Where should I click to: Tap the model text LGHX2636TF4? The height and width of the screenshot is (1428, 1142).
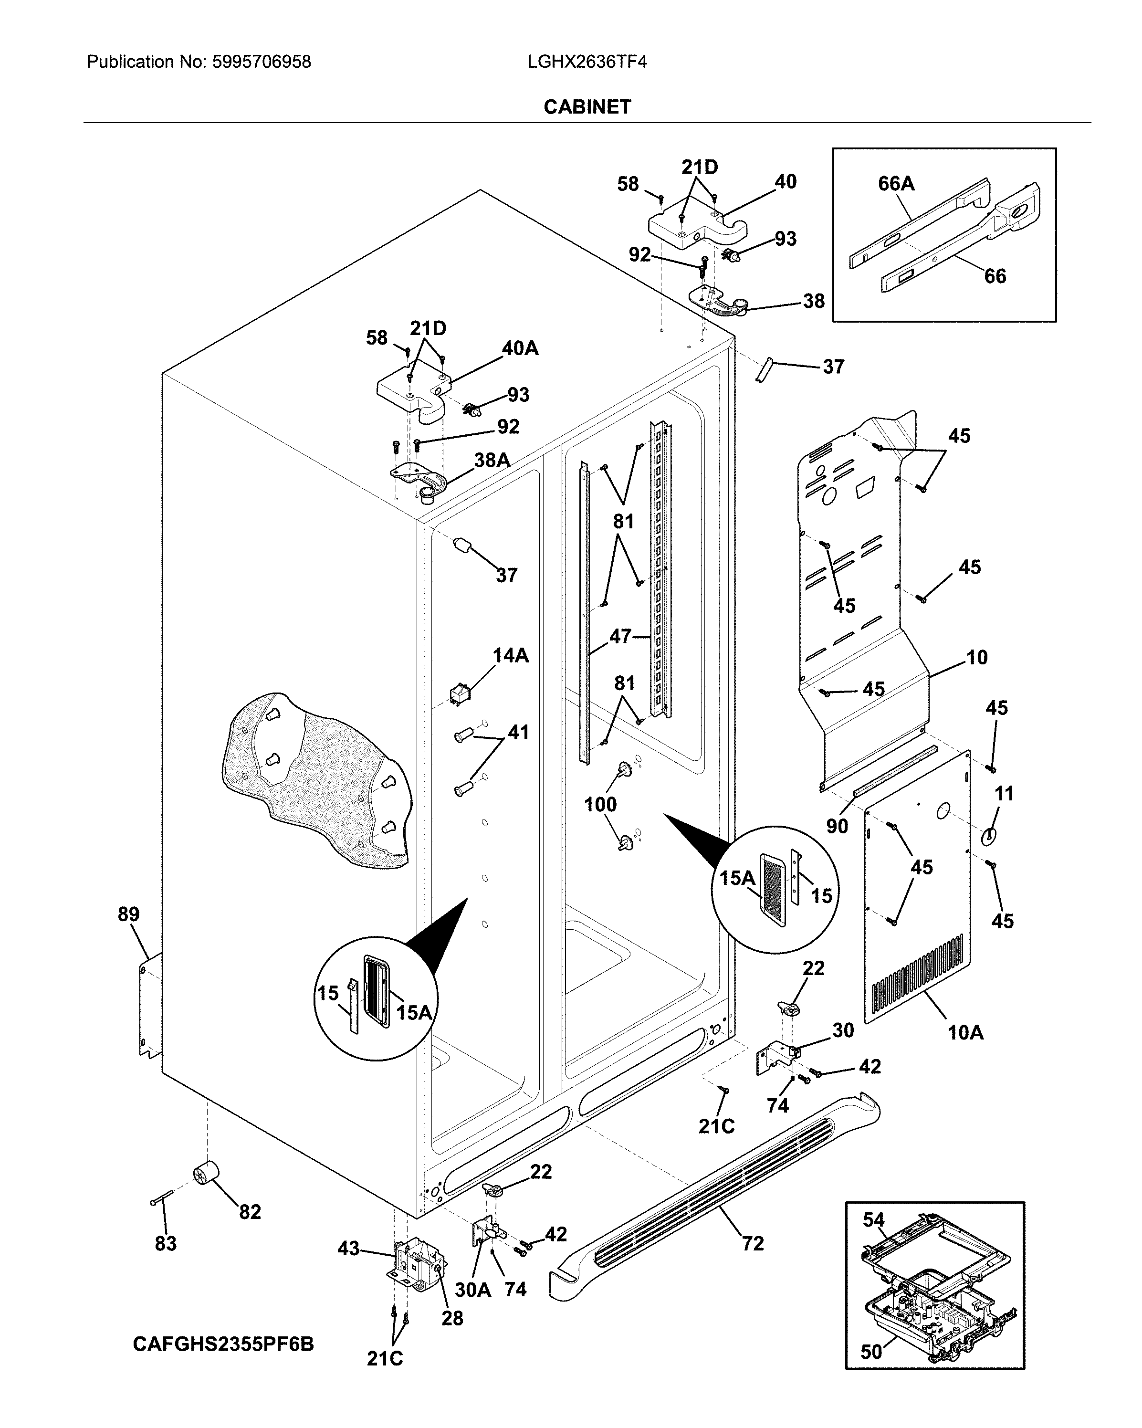tap(587, 62)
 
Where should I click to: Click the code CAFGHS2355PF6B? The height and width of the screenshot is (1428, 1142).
tap(223, 1344)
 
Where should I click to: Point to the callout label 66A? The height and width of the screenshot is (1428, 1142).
tap(896, 183)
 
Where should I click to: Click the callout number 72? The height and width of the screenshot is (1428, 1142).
tap(753, 1243)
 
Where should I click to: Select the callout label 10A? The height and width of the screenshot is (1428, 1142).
tap(965, 1032)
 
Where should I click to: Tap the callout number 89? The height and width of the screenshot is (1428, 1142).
tap(128, 914)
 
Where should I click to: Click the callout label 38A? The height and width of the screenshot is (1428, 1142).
tap(492, 460)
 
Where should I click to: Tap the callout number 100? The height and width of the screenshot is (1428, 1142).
tap(600, 805)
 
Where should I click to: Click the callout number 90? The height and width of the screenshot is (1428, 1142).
tap(837, 826)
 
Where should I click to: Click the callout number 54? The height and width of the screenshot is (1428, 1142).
tap(873, 1219)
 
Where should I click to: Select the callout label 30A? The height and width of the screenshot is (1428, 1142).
tap(472, 1290)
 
